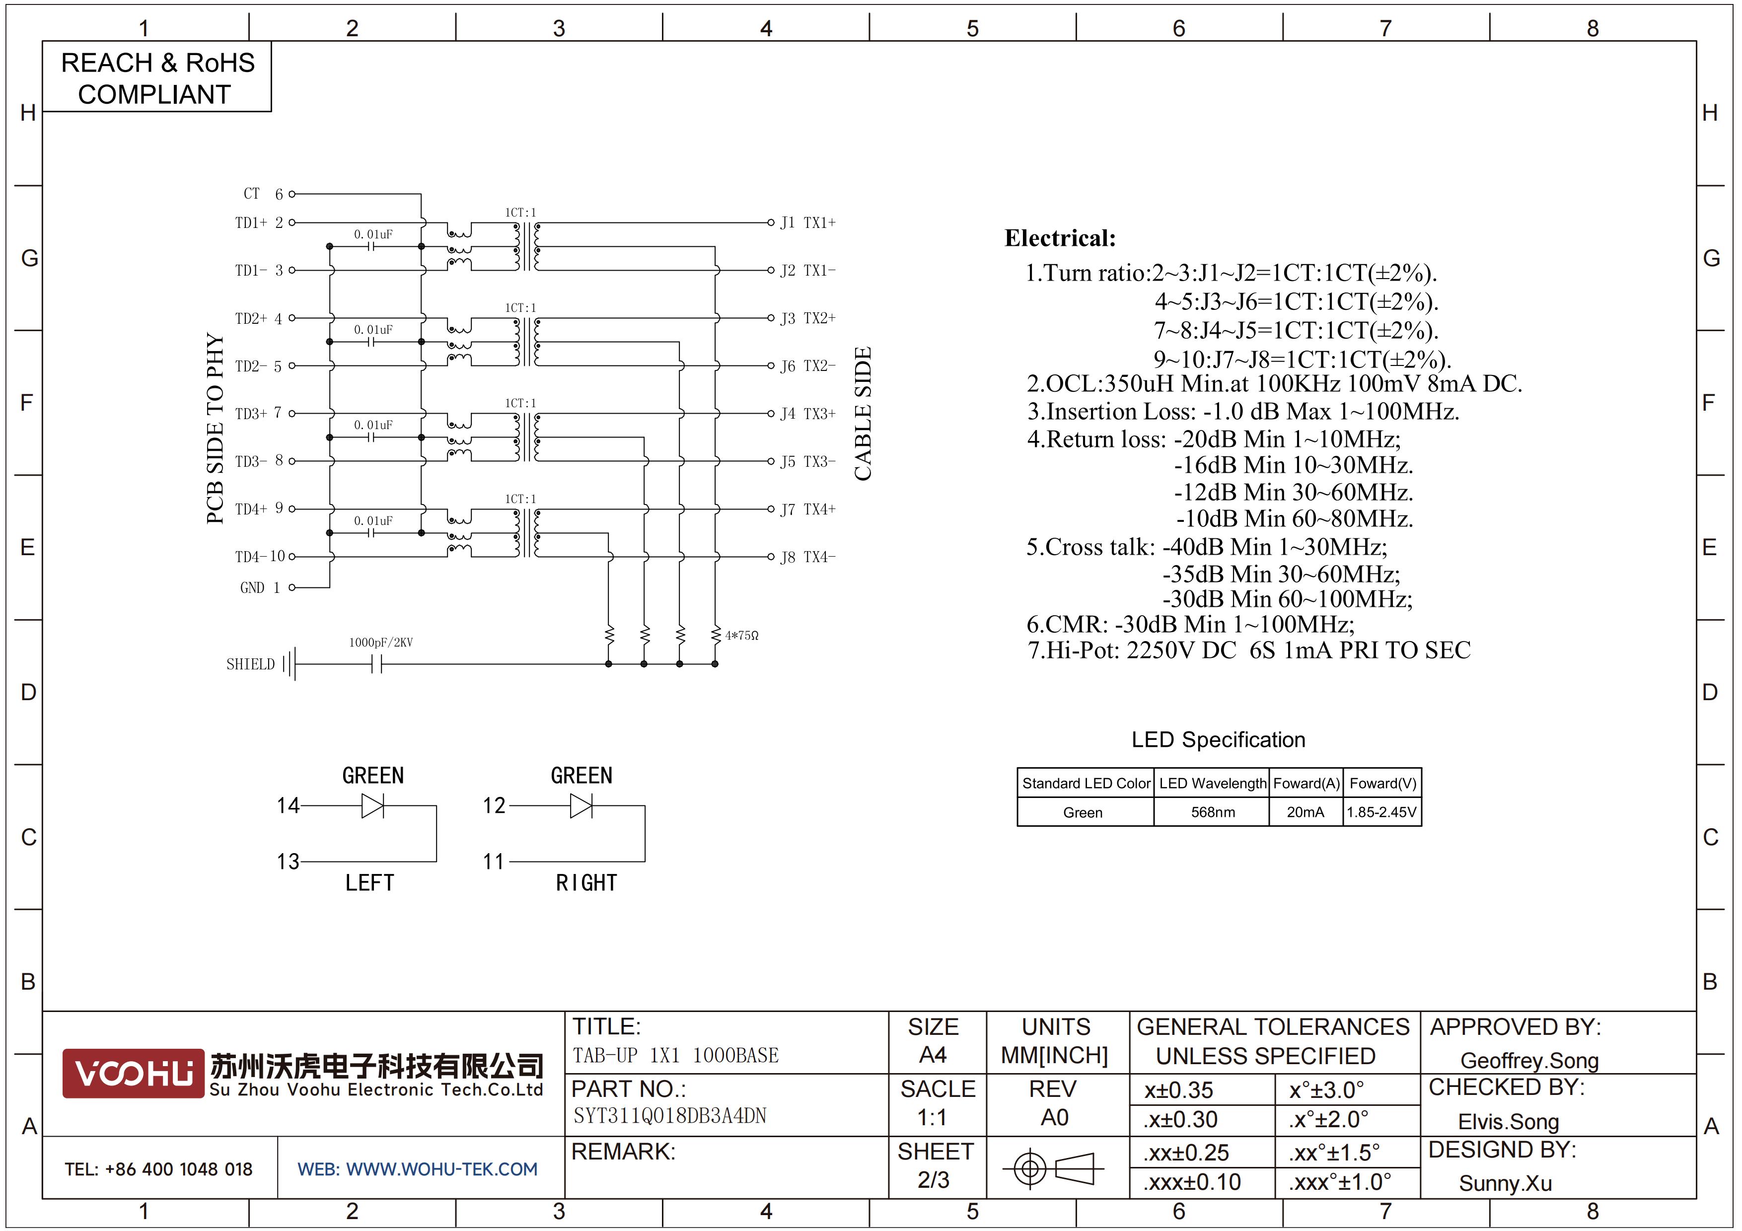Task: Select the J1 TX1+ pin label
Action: tap(808, 223)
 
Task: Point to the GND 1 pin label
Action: tap(260, 588)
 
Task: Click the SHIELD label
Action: tap(250, 664)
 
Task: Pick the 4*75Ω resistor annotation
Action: tap(741, 636)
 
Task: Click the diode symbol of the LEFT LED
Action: tap(372, 805)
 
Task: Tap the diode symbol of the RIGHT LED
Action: tap(581, 805)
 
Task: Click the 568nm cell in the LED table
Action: tap(1213, 812)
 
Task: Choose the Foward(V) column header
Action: tap(1382, 784)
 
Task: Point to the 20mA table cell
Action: tap(1305, 812)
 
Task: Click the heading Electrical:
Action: tap(1060, 238)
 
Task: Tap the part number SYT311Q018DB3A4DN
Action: tap(669, 1116)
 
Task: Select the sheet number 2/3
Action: tap(933, 1180)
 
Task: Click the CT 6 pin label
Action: tap(263, 194)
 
